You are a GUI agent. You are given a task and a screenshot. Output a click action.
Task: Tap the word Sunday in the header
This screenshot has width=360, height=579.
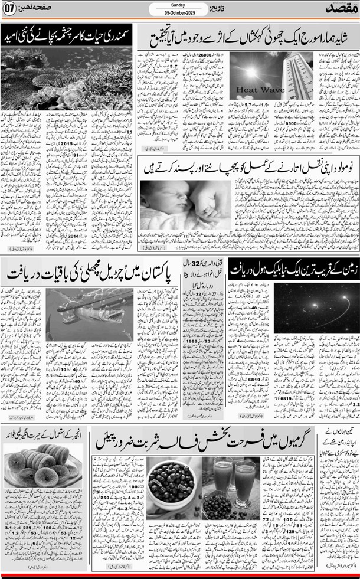(179, 5)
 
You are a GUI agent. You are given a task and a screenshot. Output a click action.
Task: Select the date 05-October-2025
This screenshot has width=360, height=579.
(179, 11)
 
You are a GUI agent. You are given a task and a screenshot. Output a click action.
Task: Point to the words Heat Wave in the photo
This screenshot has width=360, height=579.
(253, 90)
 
